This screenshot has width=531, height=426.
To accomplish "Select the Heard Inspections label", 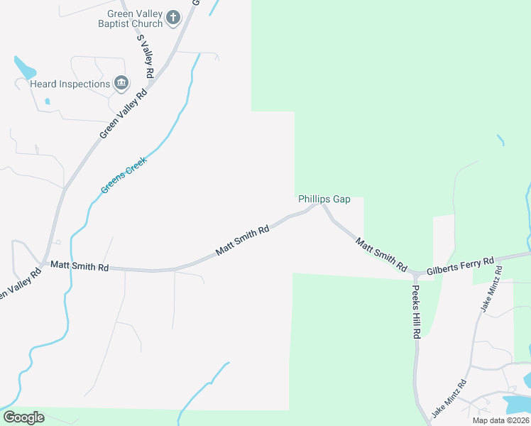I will (70, 84).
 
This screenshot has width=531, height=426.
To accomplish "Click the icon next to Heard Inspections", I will (121, 84).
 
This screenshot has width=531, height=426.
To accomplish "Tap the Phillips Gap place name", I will (324, 200).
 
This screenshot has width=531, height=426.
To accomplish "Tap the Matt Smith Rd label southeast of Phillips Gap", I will (381, 255).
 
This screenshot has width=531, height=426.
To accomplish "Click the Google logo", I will (23, 417).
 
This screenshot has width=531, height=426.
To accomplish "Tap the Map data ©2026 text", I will (500, 420).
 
